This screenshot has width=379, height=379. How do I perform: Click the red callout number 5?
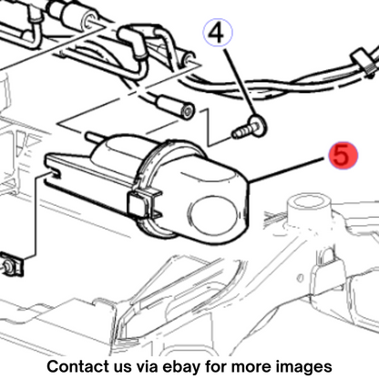click(x=343, y=155)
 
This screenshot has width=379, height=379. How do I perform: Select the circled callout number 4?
click(x=218, y=33)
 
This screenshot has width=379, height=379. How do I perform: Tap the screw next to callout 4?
click(x=249, y=128)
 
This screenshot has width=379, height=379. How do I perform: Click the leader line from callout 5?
click(x=288, y=169)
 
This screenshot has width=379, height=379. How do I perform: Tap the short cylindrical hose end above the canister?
click(x=175, y=107)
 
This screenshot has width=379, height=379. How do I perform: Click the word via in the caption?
click(x=148, y=366)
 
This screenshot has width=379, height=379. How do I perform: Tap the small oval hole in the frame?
click(x=300, y=278)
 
